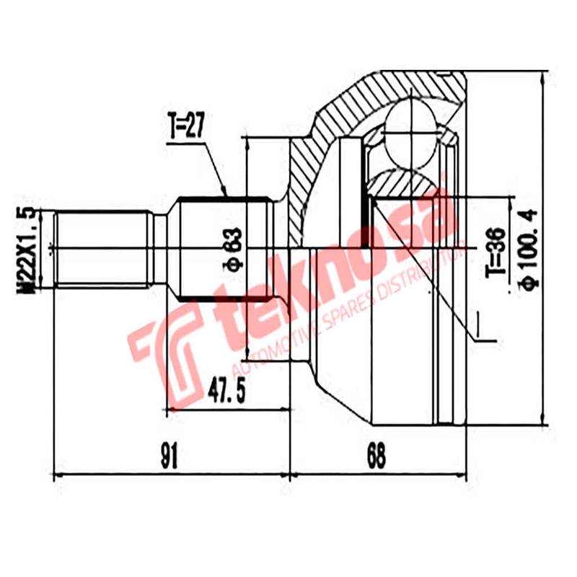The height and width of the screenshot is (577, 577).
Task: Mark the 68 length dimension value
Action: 375,456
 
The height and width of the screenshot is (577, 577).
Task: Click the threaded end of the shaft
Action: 101,250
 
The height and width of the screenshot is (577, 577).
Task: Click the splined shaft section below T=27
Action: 224,216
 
